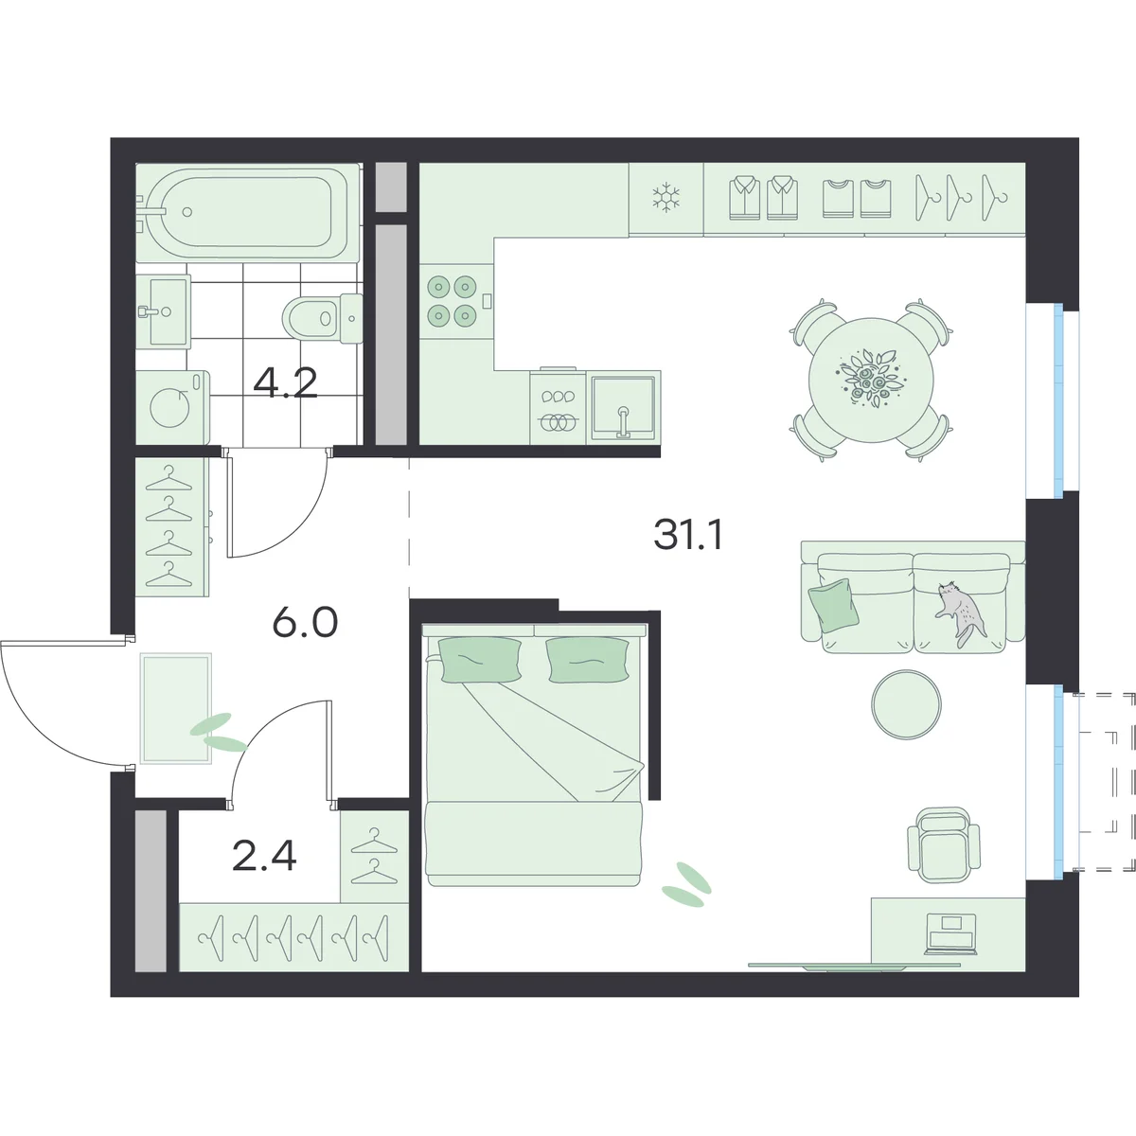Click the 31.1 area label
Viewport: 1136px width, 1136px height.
[x=688, y=535]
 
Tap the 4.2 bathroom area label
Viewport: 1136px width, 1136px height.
[x=285, y=382]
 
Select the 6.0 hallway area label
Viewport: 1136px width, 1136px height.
[x=305, y=623]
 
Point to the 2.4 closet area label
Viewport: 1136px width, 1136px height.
[x=264, y=856]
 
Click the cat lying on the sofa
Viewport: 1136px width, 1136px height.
[x=960, y=613]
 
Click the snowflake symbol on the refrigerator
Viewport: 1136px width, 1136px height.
[x=666, y=198]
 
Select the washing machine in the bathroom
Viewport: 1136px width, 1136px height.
[x=172, y=407]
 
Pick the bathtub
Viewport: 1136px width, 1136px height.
[x=248, y=211]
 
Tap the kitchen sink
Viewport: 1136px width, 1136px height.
[x=623, y=407]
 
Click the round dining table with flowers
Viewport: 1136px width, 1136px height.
[x=871, y=380]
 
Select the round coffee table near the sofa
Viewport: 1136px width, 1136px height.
[x=906, y=704]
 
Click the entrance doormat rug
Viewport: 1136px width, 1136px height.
[x=176, y=708]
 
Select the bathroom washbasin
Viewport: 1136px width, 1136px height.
[x=163, y=311]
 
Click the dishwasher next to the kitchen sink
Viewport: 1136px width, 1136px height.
[x=558, y=406]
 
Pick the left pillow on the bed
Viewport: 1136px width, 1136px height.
[x=480, y=660]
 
